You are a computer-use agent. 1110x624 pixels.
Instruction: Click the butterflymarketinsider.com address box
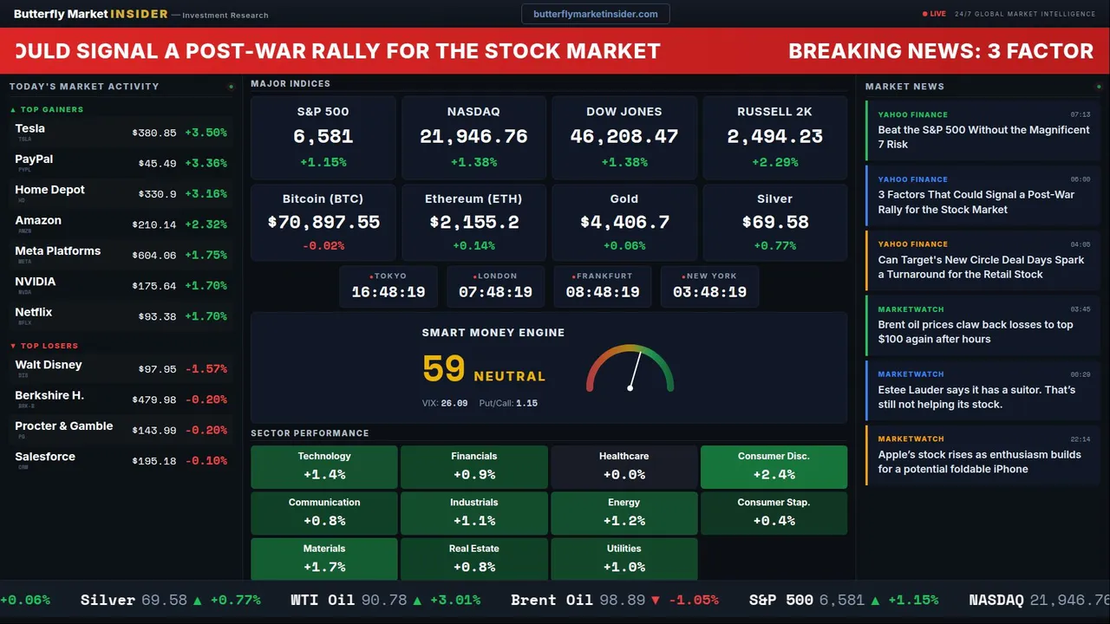[x=596, y=14]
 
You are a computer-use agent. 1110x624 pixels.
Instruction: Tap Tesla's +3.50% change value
[x=206, y=133]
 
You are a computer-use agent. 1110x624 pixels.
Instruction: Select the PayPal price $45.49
[x=157, y=164]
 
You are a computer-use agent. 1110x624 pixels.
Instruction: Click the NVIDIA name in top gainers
[x=36, y=282]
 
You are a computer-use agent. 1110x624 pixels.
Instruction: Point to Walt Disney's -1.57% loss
[x=206, y=369]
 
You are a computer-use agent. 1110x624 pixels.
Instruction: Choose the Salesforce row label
[x=45, y=457]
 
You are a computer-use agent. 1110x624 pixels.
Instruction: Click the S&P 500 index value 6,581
[x=323, y=137]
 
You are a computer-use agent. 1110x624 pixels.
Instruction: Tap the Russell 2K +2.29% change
[x=774, y=162]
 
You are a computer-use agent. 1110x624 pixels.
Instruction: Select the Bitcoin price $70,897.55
[x=323, y=223]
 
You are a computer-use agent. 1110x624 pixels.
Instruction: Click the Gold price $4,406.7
[x=624, y=223]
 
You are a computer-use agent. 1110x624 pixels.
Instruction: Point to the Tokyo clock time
[x=388, y=292]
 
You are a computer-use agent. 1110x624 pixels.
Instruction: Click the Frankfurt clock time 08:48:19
[x=603, y=292]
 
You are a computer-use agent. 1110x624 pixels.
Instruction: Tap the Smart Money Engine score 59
[x=444, y=369]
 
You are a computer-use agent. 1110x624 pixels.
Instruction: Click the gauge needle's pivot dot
[x=630, y=387]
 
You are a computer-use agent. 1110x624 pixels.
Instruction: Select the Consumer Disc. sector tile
[x=774, y=466]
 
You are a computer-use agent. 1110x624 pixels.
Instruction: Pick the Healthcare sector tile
[x=624, y=466]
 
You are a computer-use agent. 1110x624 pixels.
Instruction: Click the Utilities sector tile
[x=624, y=559]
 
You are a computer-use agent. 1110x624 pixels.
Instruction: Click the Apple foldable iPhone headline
[x=979, y=462]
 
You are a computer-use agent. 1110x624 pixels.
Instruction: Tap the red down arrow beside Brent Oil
[x=656, y=601]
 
